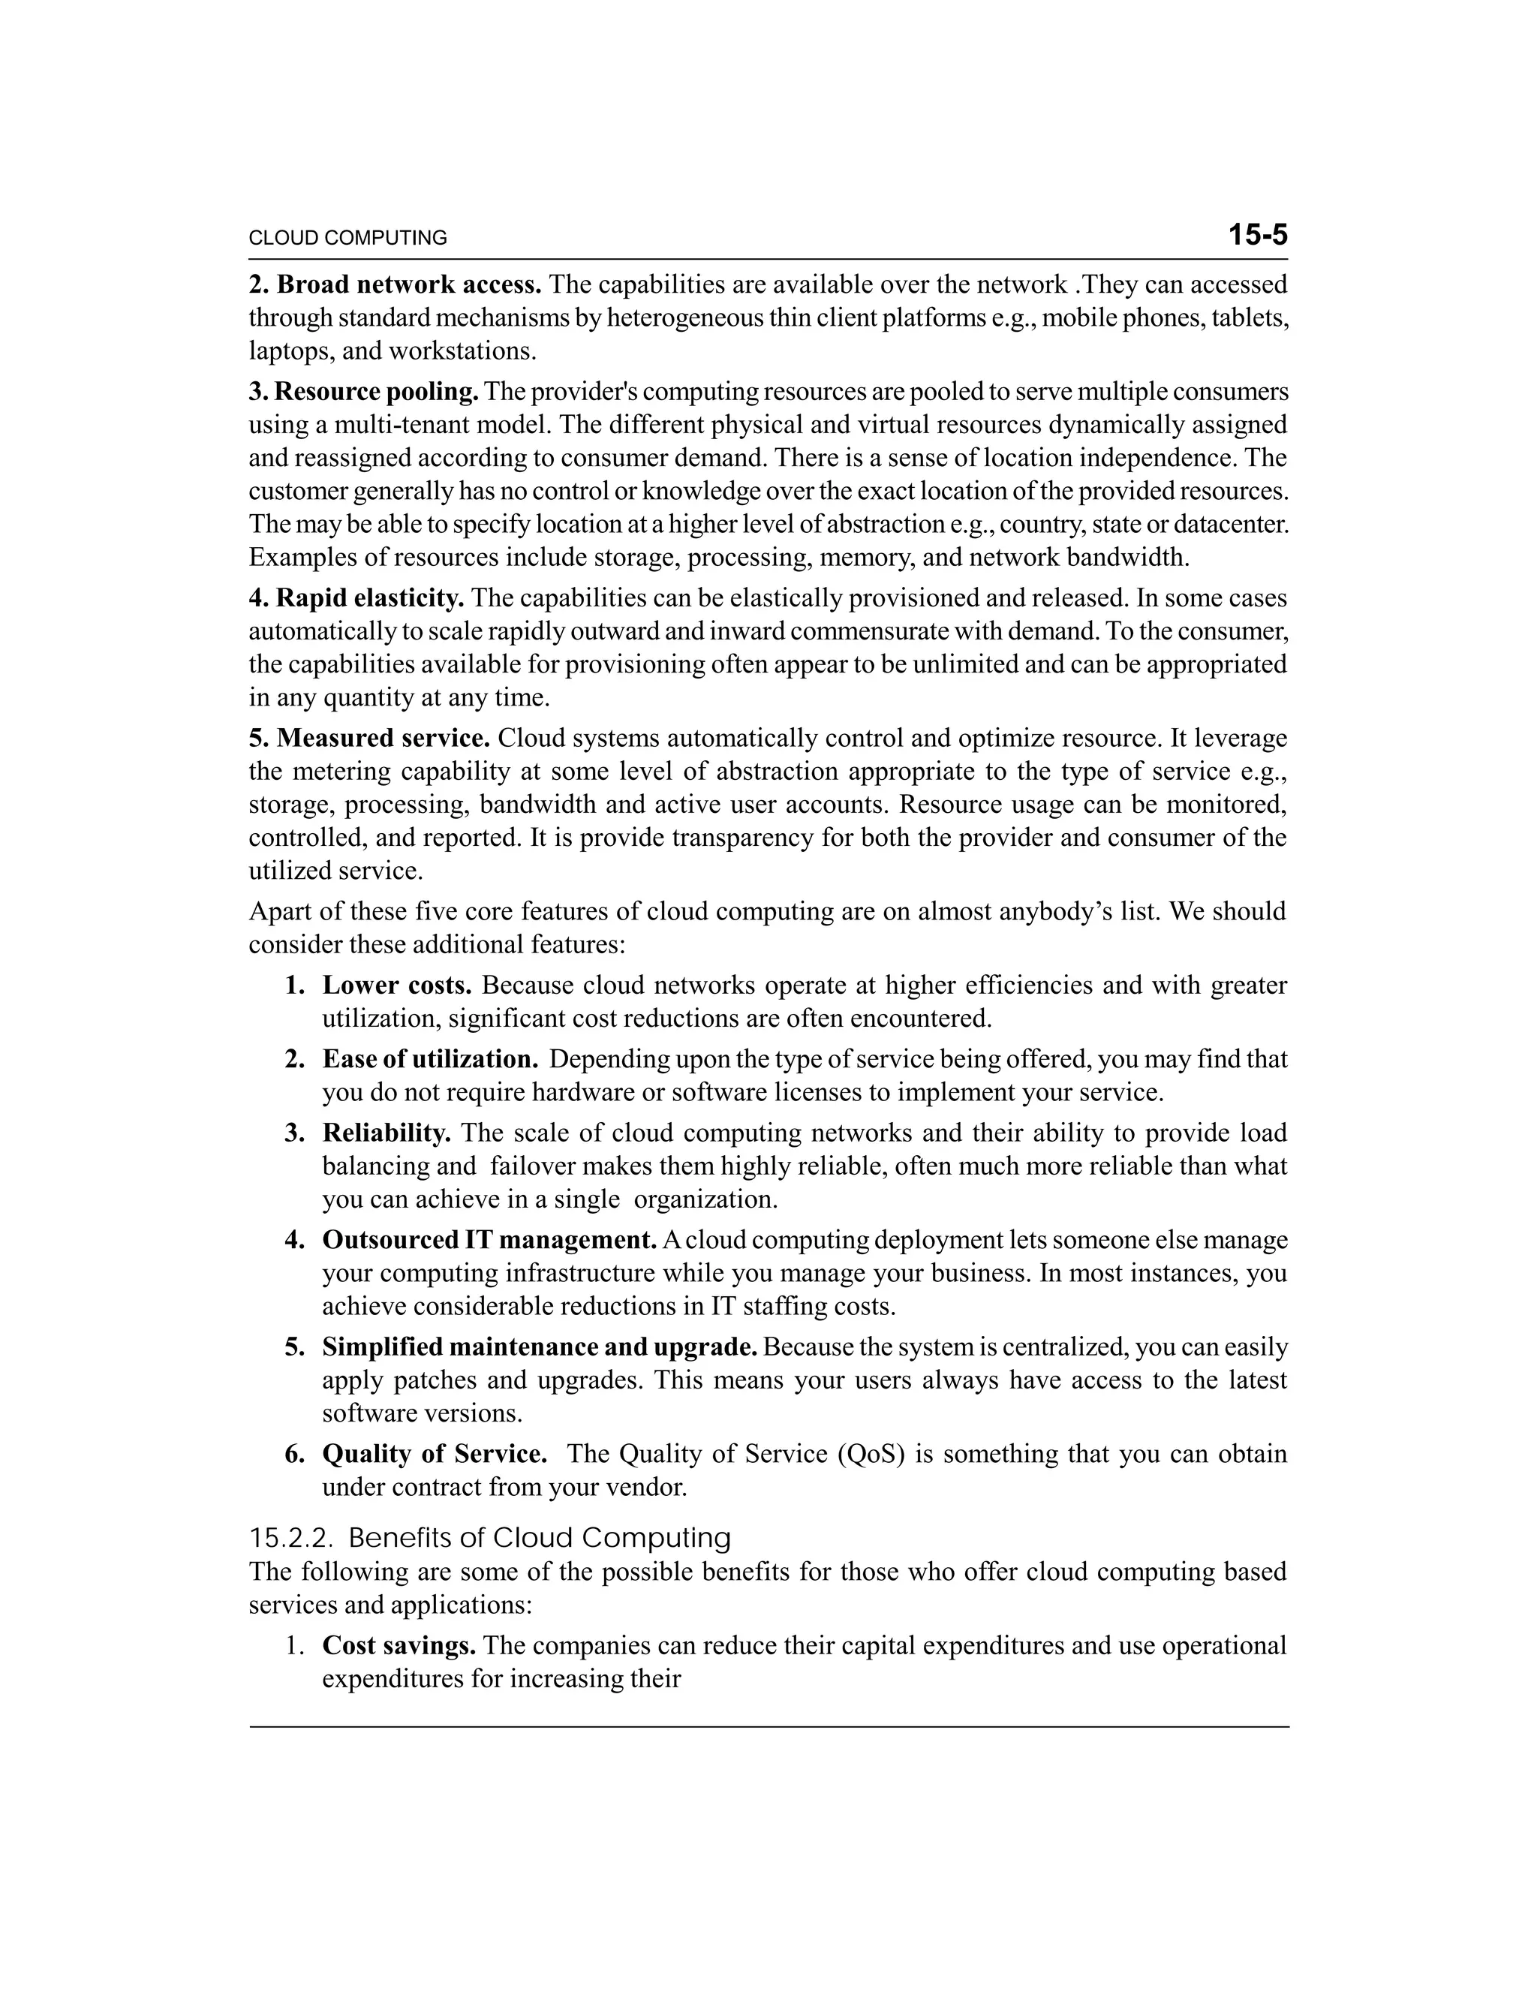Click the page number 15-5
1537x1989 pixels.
point(1258,236)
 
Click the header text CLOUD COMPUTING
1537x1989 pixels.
point(347,239)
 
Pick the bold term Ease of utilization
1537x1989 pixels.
point(430,1059)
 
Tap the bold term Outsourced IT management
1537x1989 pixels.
point(489,1241)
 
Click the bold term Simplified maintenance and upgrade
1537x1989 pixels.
point(540,1347)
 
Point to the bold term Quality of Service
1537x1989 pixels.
point(435,1454)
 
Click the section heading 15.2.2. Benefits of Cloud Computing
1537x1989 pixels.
point(490,1538)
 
